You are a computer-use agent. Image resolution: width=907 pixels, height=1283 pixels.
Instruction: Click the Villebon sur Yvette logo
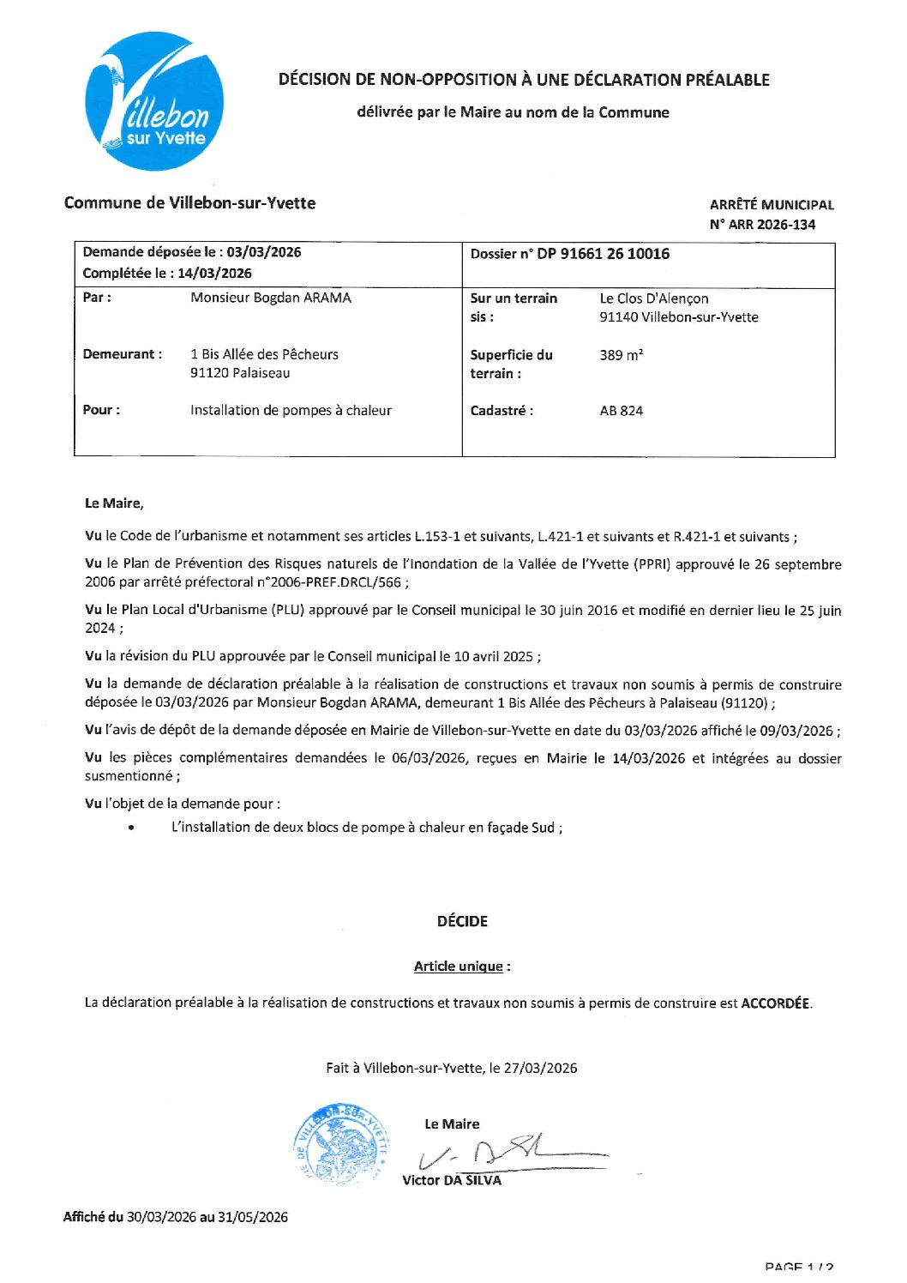tap(155, 102)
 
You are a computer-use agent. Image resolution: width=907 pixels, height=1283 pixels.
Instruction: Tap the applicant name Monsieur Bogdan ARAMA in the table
tap(271, 298)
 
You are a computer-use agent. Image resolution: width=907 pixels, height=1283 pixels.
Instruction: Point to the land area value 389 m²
tap(622, 355)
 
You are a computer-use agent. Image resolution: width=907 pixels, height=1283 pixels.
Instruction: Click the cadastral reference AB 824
tap(622, 411)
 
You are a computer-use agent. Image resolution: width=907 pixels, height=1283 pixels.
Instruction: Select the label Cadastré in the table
tap(502, 411)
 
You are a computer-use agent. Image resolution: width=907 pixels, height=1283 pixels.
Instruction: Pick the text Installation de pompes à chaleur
tap(291, 411)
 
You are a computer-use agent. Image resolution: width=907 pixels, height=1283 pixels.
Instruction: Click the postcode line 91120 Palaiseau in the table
tap(240, 373)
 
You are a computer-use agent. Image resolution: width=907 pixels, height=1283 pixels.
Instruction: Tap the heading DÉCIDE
tap(462, 921)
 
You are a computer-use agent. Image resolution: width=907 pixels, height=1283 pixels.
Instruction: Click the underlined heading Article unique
tap(459, 967)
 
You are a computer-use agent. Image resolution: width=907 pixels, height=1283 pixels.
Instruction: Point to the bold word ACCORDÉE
tap(775, 1003)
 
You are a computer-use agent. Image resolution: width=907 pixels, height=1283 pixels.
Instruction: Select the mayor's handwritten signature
tap(506, 1153)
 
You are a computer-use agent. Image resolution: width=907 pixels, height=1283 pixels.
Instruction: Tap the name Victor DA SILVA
tap(452, 1181)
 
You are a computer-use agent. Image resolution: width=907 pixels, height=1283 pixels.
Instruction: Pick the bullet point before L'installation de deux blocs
tap(131, 828)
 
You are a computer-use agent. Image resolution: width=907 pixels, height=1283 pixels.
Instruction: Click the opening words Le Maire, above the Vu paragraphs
tap(114, 503)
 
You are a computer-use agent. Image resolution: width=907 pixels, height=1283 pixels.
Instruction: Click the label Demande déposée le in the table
tap(149, 252)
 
